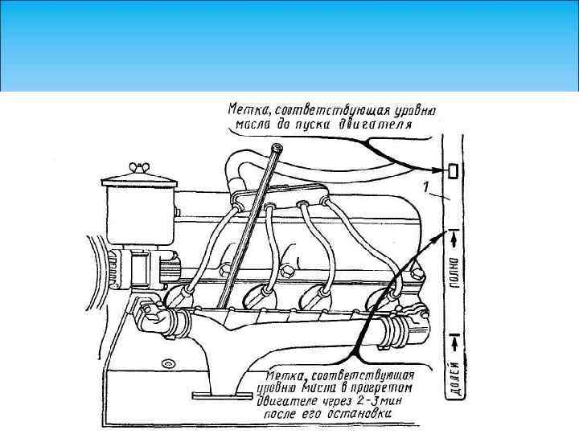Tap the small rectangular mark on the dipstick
click(x=453, y=171)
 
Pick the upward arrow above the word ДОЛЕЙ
click(x=454, y=342)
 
